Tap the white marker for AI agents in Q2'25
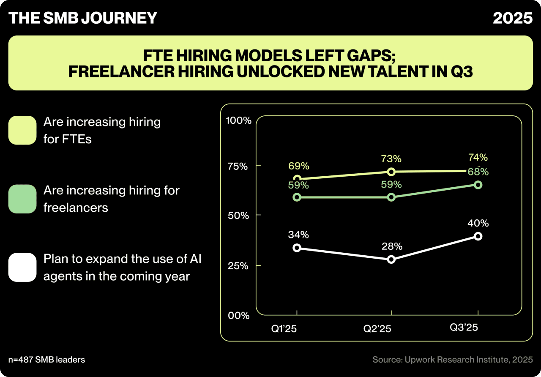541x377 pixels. click(391, 259)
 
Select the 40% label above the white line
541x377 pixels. click(478, 223)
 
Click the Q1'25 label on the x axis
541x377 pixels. click(284, 328)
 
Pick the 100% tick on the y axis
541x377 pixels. click(239, 121)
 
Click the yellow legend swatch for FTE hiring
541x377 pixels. click(22, 130)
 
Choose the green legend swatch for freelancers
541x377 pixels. click(22, 199)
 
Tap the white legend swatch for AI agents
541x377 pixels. click(22, 267)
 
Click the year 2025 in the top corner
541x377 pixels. click(512, 18)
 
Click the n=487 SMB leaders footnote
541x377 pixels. click(46, 360)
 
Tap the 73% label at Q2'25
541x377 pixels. click(391, 159)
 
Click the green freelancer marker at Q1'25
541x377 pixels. click(297, 197)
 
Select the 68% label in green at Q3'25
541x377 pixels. click(478, 172)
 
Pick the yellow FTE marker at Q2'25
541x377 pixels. click(391, 172)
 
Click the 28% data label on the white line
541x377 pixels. click(391, 246)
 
